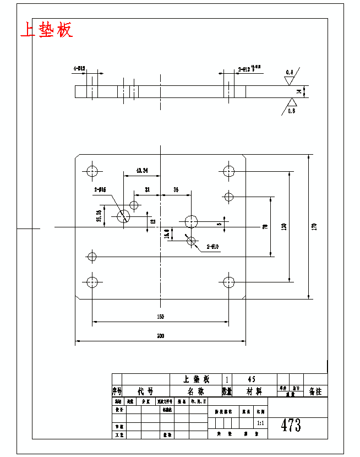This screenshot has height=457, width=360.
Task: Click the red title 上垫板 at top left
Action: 46,30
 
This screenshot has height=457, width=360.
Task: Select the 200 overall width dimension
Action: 160,335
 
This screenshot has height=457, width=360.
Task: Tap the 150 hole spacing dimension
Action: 160,317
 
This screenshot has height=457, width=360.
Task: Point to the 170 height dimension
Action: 314,226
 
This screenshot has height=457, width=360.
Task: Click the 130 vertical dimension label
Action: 283,226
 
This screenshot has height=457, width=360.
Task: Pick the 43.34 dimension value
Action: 141,171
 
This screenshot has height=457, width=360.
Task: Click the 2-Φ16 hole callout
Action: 100,189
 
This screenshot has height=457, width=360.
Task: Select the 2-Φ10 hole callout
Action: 212,247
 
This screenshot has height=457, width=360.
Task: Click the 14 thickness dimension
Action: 299,91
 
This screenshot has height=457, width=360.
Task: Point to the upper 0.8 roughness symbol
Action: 290,73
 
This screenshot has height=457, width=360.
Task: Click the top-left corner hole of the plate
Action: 92,170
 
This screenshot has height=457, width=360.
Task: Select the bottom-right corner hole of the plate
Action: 228,282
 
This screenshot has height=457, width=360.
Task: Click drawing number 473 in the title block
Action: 291,425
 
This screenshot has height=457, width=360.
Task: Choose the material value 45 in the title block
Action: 252,379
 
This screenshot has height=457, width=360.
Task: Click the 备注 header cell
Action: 315,391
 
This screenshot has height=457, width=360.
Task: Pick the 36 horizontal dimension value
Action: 176,189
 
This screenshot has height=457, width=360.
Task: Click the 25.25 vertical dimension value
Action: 99,216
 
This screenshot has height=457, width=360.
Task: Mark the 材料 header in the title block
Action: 254,391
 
